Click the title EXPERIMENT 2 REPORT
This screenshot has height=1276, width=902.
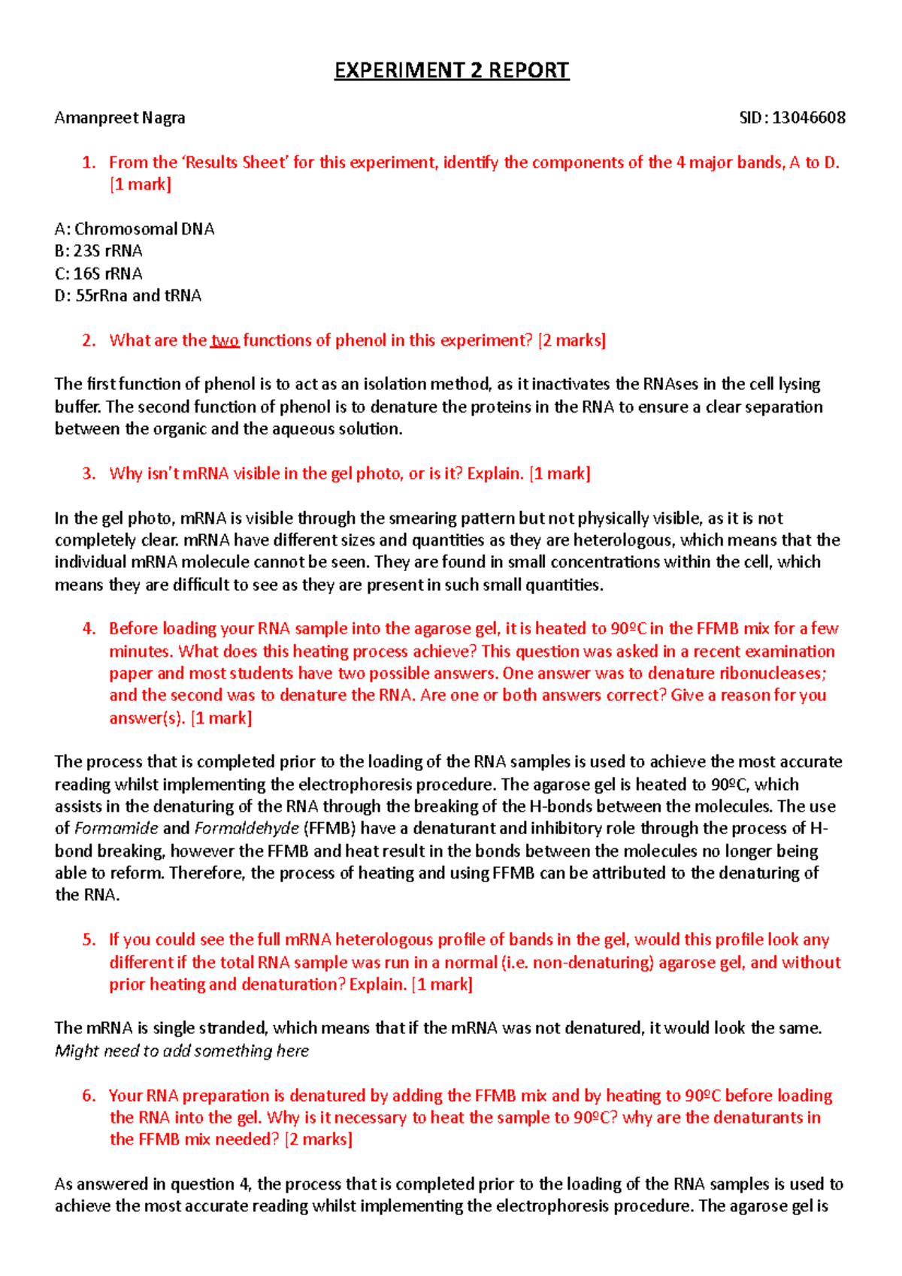click(452, 71)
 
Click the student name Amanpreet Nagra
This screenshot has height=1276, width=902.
click(120, 118)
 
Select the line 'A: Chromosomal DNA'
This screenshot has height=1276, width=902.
click(135, 229)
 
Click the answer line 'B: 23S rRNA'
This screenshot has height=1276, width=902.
click(98, 251)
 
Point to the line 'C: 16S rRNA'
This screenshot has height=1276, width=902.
click(98, 274)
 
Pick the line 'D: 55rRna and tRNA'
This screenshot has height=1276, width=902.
click(128, 296)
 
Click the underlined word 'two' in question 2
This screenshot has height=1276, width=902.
click(225, 340)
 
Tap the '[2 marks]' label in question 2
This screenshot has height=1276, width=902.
click(572, 340)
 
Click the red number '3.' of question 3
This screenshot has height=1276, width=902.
click(89, 473)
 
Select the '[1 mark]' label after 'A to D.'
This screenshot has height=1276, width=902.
click(141, 185)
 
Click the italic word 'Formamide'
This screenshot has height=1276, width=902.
click(117, 829)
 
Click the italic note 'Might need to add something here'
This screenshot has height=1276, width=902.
click(182, 1051)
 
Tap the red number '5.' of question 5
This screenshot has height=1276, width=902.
click(89, 940)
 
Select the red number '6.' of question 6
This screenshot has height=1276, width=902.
click(89, 1096)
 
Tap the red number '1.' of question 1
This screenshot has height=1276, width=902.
click(89, 163)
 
